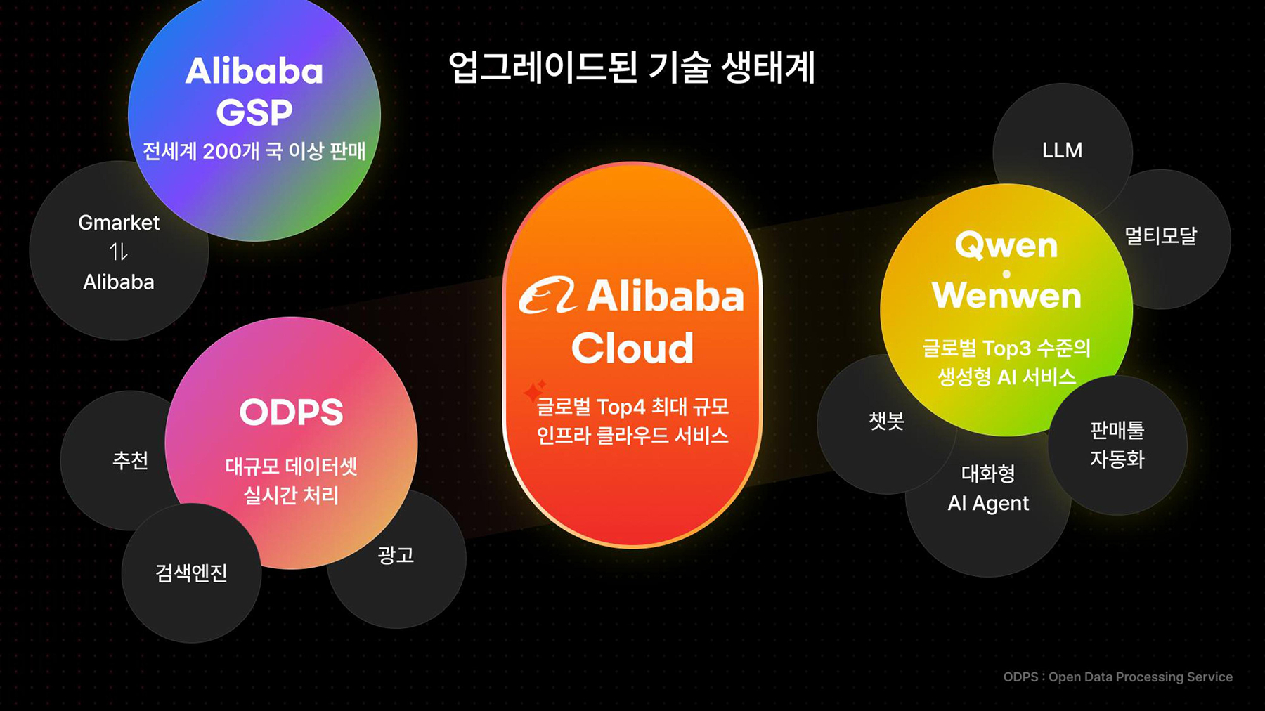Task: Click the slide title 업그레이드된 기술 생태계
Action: click(x=632, y=68)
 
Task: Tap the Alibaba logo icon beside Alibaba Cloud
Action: click(x=547, y=295)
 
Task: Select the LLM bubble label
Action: click(x=1062, y=150)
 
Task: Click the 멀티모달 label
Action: click(x=1160, y=236)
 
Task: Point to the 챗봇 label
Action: click(x=886, y=421)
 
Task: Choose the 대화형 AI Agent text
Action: click(x=988, y=488)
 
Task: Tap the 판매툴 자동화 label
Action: click(x=1117, y=445)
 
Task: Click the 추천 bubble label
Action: click(x=130, y=460)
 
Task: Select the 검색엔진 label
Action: click(x=191, y=573)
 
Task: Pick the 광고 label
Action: click(x=396, y=555)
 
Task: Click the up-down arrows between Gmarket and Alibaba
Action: click(x=119, y=252)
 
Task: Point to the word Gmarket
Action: click(x=119, y=223)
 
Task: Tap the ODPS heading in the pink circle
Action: click(x=291, y=412)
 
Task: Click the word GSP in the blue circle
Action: click(x=254, y=112)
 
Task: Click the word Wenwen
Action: click(x=1006, y=296)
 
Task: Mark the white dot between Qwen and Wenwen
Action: click(x=1006, y=274)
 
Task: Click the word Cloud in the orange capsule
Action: click(x=632, y=348)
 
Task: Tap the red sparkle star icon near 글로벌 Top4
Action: click(x=535, y=390)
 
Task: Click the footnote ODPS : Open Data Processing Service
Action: click(x=1117, y=677)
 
